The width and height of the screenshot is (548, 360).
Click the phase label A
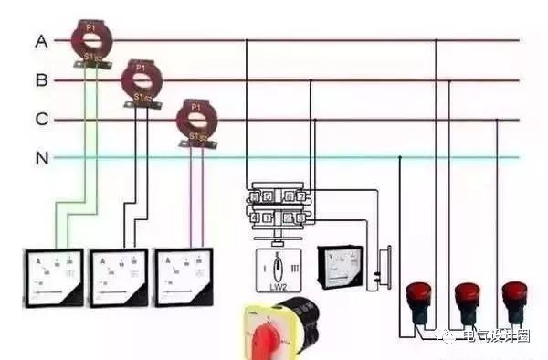click(x=41, y=41)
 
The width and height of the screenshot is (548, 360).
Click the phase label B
click(x=41, y=80)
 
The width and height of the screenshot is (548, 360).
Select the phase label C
click(x=41, y=119)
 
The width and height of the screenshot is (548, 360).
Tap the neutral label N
click(x=41, y=158)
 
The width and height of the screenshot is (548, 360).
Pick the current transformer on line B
click(x=142, y=80)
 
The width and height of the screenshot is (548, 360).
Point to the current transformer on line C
click(x=193, y=119)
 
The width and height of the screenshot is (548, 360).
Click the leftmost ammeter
click(x=52, y=276)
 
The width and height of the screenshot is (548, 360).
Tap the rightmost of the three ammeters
click(x=186, y=276)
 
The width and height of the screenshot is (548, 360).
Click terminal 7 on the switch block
click(x=300, y=196)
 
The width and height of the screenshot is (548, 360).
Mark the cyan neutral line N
click(x=274, y=158)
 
